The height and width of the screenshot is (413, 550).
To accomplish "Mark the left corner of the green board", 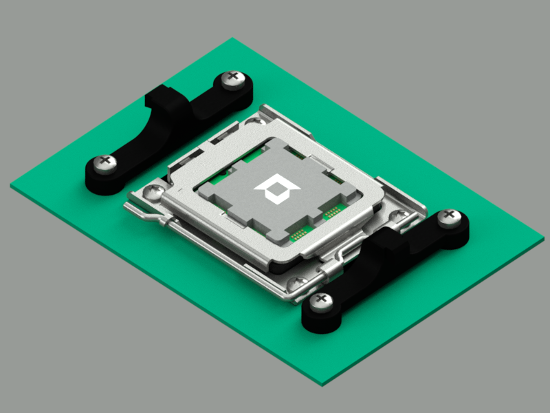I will tap(11, 185).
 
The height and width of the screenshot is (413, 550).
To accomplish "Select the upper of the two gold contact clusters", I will tap(333, 211).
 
